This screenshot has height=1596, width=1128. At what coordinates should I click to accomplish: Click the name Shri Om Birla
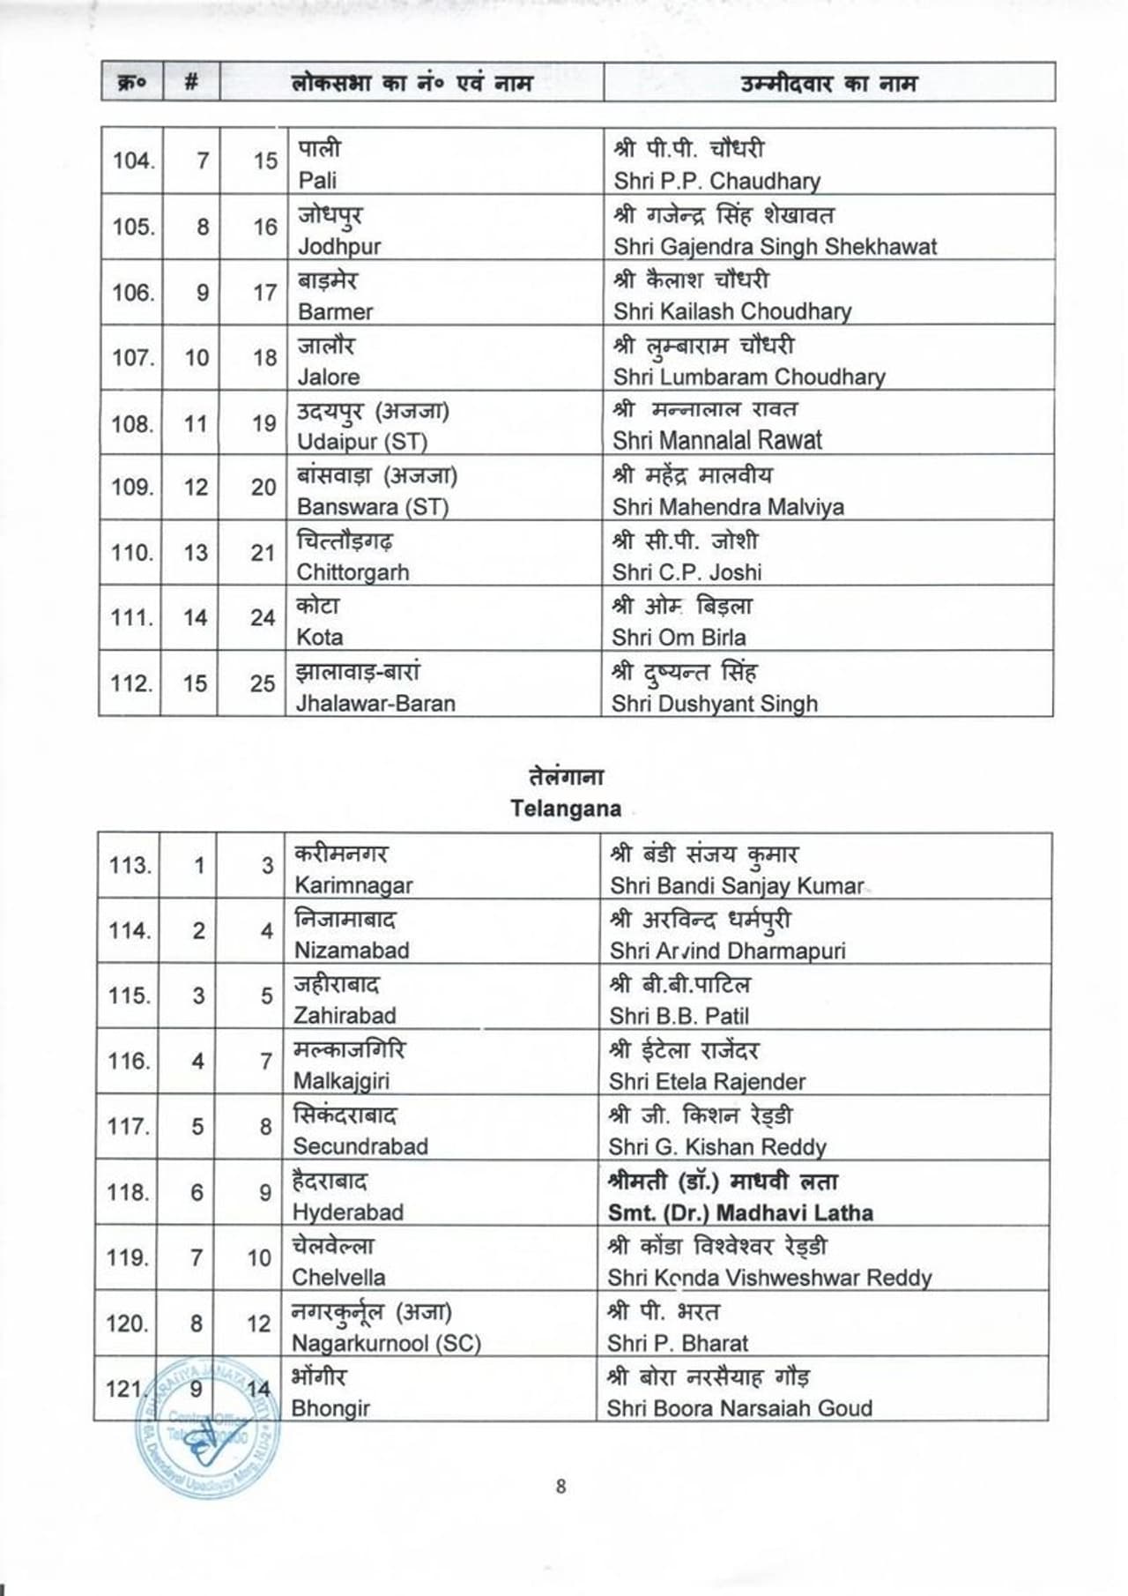tap(679, 638)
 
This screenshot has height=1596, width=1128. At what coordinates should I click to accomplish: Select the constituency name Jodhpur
tap(339, 246)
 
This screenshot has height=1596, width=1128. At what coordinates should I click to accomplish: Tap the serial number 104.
tap(133, 161)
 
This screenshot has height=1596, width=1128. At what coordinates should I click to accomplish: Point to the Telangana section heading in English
tap(566, 809)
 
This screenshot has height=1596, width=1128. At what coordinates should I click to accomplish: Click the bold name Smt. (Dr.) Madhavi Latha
tap(740, 1212)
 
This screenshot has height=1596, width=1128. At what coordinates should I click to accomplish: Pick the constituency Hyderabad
tap(348, 1212)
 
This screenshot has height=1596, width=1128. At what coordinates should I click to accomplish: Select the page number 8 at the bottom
tap(561, 1487)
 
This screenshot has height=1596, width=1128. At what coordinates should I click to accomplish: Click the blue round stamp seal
tap(207, 1428)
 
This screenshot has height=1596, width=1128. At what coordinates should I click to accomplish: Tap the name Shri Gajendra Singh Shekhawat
tap(775, 246)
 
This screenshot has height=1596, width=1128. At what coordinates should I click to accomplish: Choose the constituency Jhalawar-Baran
tap(375, 704)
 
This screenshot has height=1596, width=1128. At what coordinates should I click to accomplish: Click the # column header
tap(191, 83)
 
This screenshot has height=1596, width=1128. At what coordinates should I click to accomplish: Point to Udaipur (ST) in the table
tap(362, 441)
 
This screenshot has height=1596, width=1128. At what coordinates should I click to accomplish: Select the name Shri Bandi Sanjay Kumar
tap(737, 885)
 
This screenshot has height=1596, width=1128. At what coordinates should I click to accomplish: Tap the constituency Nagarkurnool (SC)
tap(386, 1344)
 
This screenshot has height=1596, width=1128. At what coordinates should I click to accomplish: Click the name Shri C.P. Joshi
tap(687, 572)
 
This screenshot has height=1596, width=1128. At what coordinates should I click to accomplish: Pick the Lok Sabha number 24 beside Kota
tap(263, 618)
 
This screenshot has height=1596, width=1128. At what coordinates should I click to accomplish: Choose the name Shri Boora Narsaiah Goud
tap(739, 1408)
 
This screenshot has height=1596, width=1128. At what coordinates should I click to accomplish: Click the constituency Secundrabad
tap(360, 1146)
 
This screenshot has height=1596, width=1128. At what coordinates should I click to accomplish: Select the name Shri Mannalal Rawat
tap(717, 440)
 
